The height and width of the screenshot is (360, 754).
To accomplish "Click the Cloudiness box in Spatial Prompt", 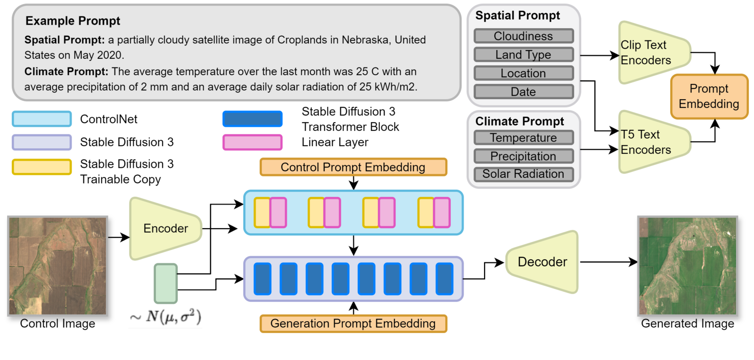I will (523, 36).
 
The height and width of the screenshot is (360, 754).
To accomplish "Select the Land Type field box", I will (523, 55).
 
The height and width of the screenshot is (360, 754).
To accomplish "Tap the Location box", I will (523, 73).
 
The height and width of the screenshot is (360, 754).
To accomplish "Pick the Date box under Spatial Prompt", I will (523, 92).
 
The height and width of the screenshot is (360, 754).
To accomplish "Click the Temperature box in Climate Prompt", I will (523, 138).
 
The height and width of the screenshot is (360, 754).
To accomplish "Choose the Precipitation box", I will (523, 156).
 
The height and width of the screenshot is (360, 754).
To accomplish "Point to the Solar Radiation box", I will (523, 174).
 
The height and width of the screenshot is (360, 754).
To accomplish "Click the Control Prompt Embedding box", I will (353, 167).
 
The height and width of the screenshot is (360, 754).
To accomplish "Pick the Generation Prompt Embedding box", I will (353, 323).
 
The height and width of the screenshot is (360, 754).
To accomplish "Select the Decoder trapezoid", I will (541, 262).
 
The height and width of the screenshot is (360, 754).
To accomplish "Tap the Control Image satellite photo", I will (57, 265).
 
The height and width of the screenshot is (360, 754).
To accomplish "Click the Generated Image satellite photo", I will (688, 265).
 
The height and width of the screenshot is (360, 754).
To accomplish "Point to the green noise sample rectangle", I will (166, 283).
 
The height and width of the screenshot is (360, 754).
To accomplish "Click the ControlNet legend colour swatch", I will (41, 119).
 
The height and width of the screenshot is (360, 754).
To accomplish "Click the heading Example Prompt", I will (73, 21).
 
